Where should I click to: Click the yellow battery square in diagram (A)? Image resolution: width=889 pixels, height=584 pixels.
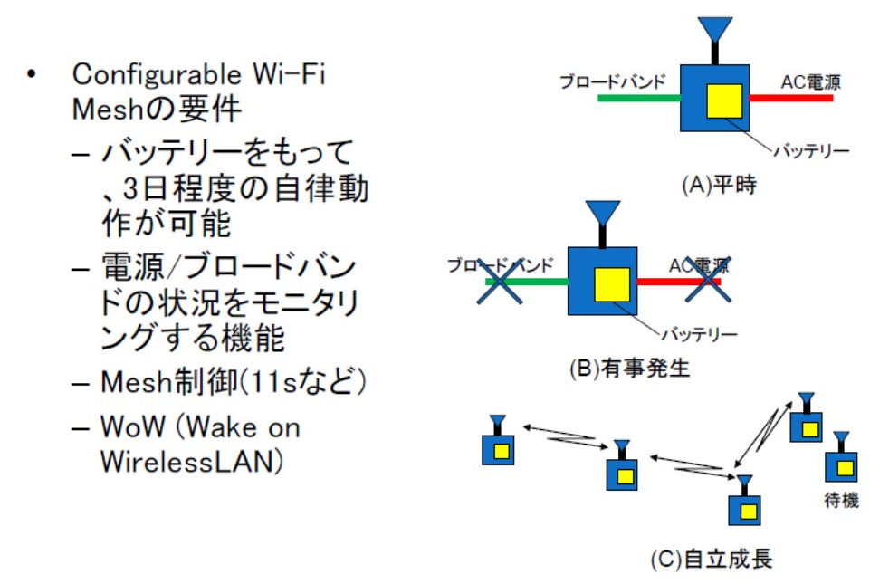pos(724,101)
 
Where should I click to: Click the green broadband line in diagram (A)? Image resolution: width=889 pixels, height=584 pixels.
pos(639,98)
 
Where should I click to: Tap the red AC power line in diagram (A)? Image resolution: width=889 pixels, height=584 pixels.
pos(791,98)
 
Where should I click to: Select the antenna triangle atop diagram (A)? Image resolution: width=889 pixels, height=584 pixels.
pos(715,29)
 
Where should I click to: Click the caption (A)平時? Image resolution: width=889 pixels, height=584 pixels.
pos(719,185)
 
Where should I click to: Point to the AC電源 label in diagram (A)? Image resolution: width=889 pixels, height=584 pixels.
pos(811,82)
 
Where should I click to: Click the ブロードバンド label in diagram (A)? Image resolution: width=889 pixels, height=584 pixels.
pos(612,81)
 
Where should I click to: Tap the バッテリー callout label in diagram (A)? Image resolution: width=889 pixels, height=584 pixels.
pos(812,151)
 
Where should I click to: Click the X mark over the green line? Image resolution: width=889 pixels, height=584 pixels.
pos(500,282)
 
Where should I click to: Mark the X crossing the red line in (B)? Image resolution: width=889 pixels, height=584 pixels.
pos(708,281)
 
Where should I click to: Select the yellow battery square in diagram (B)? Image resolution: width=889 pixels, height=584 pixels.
pos(612,284)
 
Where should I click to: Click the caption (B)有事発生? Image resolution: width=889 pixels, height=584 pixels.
pos(629,369)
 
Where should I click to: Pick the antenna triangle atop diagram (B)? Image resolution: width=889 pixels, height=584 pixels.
pos(603,213)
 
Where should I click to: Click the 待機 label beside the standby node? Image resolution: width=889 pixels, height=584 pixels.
pos(841,500)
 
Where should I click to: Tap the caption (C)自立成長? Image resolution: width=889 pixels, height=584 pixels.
pos(711,559)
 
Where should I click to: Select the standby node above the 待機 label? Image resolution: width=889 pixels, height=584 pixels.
pos(841,457)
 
